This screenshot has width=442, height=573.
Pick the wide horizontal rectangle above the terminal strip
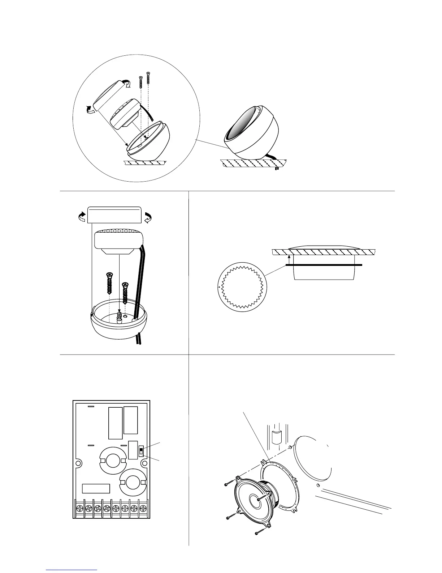(96, 488)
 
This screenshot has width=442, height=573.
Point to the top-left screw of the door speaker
(226, 484)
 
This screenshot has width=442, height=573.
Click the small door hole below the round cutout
(317, 485)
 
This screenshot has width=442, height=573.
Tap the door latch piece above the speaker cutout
(276, 437)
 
